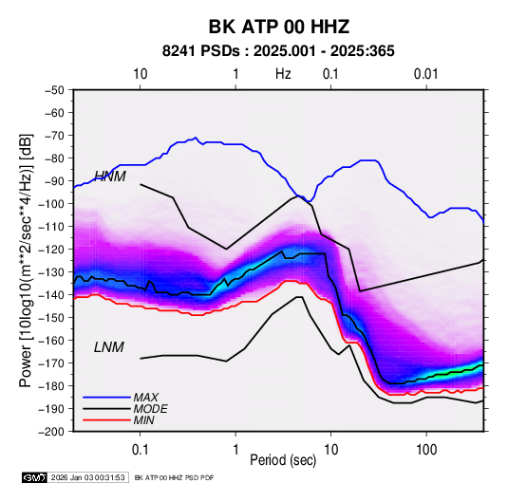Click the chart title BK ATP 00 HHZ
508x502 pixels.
click(278, 27)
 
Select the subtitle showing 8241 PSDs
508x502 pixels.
click(278, 51)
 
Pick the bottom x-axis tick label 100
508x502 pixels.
click(426, 450)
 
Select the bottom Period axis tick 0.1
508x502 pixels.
click(140, 450)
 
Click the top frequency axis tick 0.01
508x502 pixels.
click(426, 74)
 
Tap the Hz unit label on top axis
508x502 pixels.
click(283, 74)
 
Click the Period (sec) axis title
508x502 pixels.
click(283, 460)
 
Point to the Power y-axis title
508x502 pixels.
click(26, 260)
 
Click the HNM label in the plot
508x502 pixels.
click(110, 177)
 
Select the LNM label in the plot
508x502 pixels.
click(109, 347)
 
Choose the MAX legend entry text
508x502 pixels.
click(146, 397)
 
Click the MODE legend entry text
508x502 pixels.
click(151, 409)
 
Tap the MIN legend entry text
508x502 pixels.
click(143, 420)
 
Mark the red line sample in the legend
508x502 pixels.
click(106, 420)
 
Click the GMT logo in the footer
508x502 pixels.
click(34, 477)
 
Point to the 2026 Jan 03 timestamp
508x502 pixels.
click(88, 477)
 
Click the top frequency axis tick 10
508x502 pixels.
click(140, 74)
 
